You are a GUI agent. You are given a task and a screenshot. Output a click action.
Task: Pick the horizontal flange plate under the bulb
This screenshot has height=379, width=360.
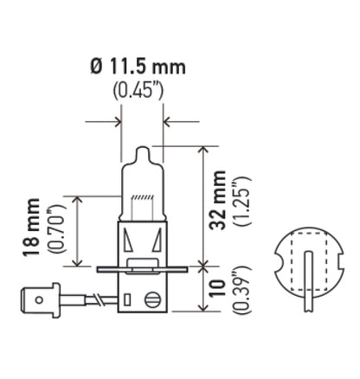[143, 270]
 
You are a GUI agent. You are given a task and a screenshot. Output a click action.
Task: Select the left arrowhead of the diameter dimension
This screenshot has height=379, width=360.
[117, 121]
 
